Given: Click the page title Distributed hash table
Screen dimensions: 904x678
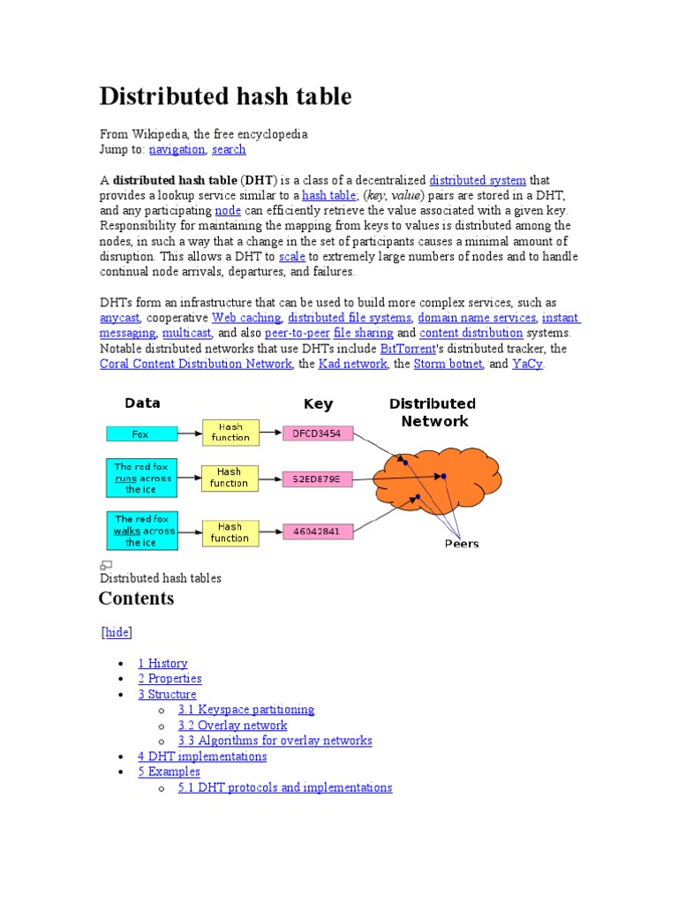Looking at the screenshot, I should pyautogui.click(x=225, y=96).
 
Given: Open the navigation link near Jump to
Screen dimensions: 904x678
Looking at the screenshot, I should pyautogui.click(x=177, y=150).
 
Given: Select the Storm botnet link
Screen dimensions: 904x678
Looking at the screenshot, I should pyautogui.click(x=448, y=364).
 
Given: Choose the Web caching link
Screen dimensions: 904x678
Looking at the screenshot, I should pyautogui.click(x=246, y=318).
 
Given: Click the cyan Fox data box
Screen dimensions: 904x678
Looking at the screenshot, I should pyautogui.click(x=141, y=434).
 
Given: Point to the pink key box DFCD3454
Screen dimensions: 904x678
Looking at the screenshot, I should pyautogui.click(x=317, y=433).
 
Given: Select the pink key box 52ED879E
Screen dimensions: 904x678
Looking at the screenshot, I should pyautogui.click(x=317, y=479).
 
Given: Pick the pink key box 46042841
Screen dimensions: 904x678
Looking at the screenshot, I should pyautogui.click(x=317, y=531).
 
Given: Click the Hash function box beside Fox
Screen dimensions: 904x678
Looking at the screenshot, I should pyautogui.click(x=230, y=433).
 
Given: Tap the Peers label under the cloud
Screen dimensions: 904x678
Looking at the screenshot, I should pyautogui.click(x=461, y=544).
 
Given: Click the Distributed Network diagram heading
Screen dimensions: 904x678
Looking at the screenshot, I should pyautogui.click(x=433, y=412).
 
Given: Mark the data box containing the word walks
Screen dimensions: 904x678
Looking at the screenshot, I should pyautogui.click(x=141, y=531).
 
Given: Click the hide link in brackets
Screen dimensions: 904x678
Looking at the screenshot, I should pyautogui.click(x=117, y=632).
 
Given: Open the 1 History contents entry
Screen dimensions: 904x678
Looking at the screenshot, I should pyautogui.click(x=162, y=663).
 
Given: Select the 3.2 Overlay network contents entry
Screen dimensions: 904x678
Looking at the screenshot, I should pyautogui.click(x=232, y=725).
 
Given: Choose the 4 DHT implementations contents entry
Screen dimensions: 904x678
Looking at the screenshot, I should pyautogui.click(x=202, y=757).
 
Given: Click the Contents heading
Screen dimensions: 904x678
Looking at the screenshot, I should pyautogui.click(x=136, y=599).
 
